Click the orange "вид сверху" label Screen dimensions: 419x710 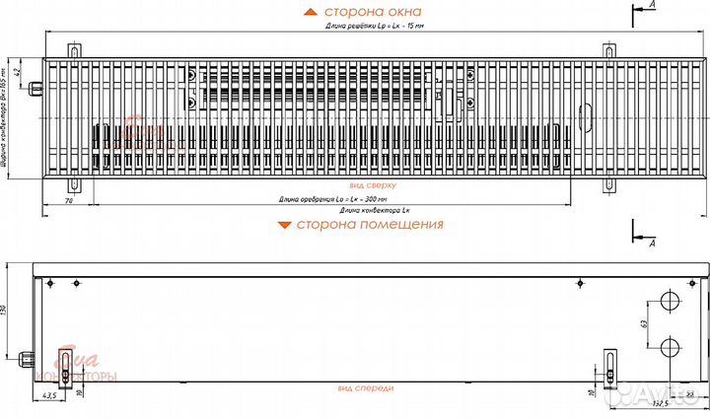click(x=371, y=184)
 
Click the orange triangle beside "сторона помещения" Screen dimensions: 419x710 click(x=284, y=225)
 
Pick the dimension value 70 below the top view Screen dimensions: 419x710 click(x=68, y=201)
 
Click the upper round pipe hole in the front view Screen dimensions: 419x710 click(x=671, y=299)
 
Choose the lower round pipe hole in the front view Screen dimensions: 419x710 click(x=671, y=344)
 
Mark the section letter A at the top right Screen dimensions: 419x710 click(x=653, y=5)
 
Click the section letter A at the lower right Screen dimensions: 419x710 click(x=653, y=240)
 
